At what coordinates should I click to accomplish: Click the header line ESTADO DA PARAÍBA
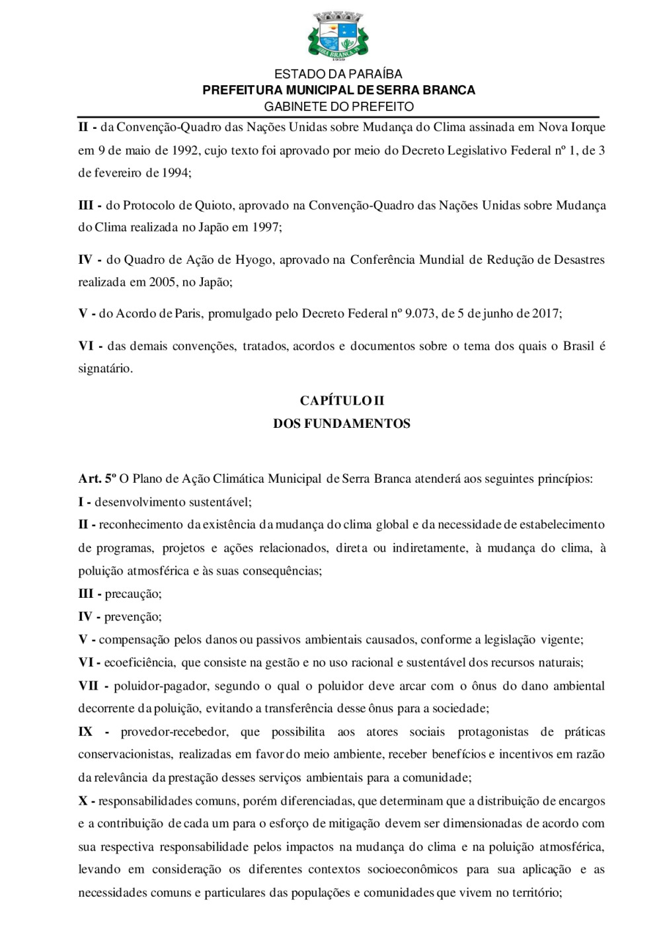click(x=338, y=74)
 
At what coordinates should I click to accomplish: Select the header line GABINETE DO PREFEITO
click(x=338, y=106)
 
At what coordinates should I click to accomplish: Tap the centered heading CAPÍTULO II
click(x=342, y=401)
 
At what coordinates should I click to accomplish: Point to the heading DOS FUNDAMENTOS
click(x=342, y=424)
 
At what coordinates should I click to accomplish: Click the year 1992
click(x=185, y=150)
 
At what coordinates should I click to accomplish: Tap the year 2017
click(x=547, y=313)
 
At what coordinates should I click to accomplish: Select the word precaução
click(x=133, y=594)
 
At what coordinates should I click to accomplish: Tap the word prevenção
click(x=133, y=617)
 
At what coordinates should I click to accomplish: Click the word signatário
click(x=105, y=369)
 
